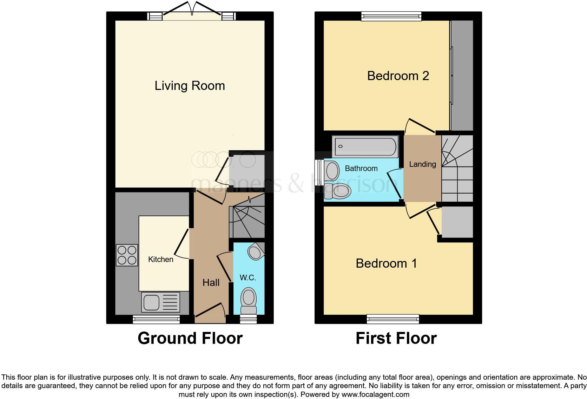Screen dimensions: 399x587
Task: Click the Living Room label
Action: (x=190, y=86)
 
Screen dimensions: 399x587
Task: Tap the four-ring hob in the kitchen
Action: (x=127, y=255)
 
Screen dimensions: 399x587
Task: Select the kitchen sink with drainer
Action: (x=160, y=302)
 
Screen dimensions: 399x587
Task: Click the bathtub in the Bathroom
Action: (x=365, y=146)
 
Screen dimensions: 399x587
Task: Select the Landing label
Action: (x=422, y=164)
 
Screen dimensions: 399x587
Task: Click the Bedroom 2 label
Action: (x=398, y=76)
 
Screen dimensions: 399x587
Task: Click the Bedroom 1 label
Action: (x=386, y=263)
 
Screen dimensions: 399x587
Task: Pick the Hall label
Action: (x=211, y=282)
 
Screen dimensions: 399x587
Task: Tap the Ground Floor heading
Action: (x=190, y=338)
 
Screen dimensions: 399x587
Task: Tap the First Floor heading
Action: (x=396, y=338)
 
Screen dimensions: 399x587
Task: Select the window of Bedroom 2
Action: (x=391, y=16)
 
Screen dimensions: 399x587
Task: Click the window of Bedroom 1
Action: (x=393, y=319)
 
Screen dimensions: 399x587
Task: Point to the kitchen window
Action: (x=156, y=319)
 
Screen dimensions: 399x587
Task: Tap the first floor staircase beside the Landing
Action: (x=457, y=169)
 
